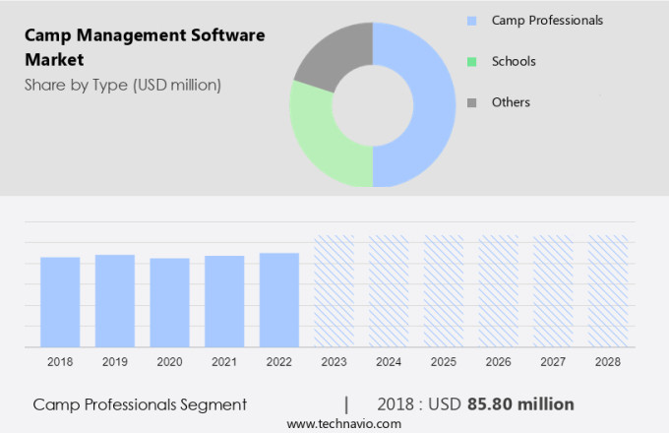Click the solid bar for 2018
[60, 301]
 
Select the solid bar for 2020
[169, 302]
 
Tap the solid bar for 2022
[279, 299]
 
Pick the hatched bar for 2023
[334, 290]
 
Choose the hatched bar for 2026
[498, 290]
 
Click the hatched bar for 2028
[607, 290]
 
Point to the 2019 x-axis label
[114, 362]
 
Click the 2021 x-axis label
[224, 362]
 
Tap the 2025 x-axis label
[443, 362]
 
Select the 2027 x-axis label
[553, 362]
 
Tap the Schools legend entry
[514, 61]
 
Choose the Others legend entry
[511, 102]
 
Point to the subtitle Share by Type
[122, 85]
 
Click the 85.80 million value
[525, 403]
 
